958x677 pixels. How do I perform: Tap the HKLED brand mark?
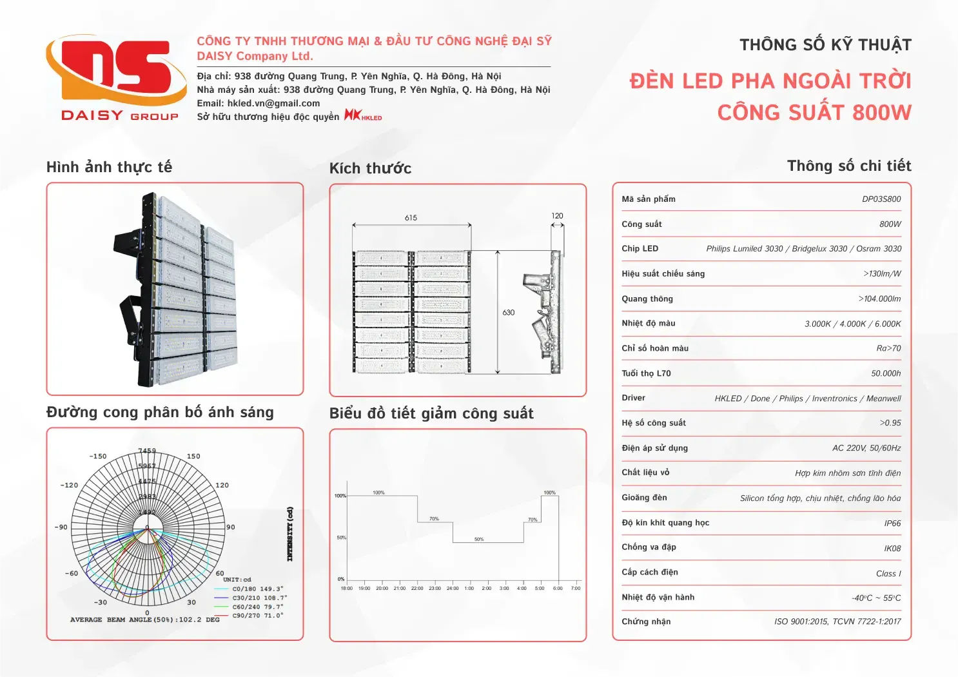click(x=363, y=116)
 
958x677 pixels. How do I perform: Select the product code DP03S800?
click(x=881, y=199)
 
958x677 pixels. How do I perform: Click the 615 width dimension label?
click(x=411, y=218)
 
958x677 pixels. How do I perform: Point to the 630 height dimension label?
click(x=509, y=313)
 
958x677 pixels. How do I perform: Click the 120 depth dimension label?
click(x=557, y=216)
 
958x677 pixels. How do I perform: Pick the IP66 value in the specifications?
click(x=892, y=524)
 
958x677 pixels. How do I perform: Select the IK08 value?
click(x=892, y=549)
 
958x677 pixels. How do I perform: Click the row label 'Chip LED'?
click(x=640, y=249)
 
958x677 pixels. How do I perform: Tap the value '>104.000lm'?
click(x=879, y=299)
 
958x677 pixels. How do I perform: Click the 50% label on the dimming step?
click(x=479, y=539)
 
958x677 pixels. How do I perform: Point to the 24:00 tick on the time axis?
click(x=453, y=588)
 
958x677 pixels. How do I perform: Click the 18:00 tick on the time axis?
click(x=346, y=588)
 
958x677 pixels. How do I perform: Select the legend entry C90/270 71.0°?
click(x=257, y=616)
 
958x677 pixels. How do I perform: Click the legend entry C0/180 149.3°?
click(x=257, y=589)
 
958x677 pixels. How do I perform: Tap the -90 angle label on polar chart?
click(x=61, y=527)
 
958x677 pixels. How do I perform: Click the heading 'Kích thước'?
click(x=370, y=169)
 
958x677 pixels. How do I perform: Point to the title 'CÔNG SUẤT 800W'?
click(x=814, y=113)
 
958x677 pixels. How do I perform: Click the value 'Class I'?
click(x=888, y=574)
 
